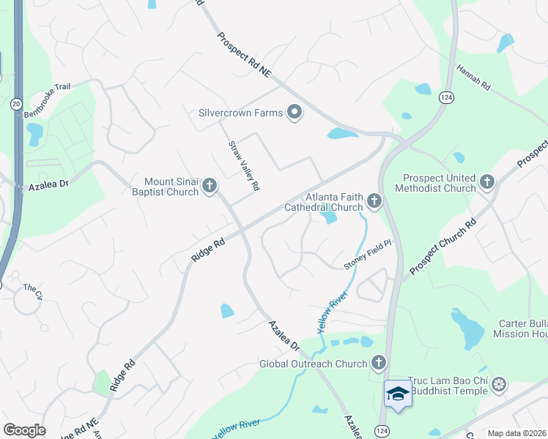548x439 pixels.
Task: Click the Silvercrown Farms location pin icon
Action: (x=295, y=113)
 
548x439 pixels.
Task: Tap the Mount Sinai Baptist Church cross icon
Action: (x=210, y=186)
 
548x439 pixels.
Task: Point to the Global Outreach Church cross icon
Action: (x=378, y=363)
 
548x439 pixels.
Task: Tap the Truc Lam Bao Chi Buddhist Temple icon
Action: (x=499, y=385)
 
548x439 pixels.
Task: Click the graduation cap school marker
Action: (x=398, y=394)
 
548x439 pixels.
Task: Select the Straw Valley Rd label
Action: (x=245, y=166)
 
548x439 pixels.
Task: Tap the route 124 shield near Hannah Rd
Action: (x=445, y=97)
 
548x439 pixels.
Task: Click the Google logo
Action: (x=24, y=430)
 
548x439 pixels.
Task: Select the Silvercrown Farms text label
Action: (x=241, y=113)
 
